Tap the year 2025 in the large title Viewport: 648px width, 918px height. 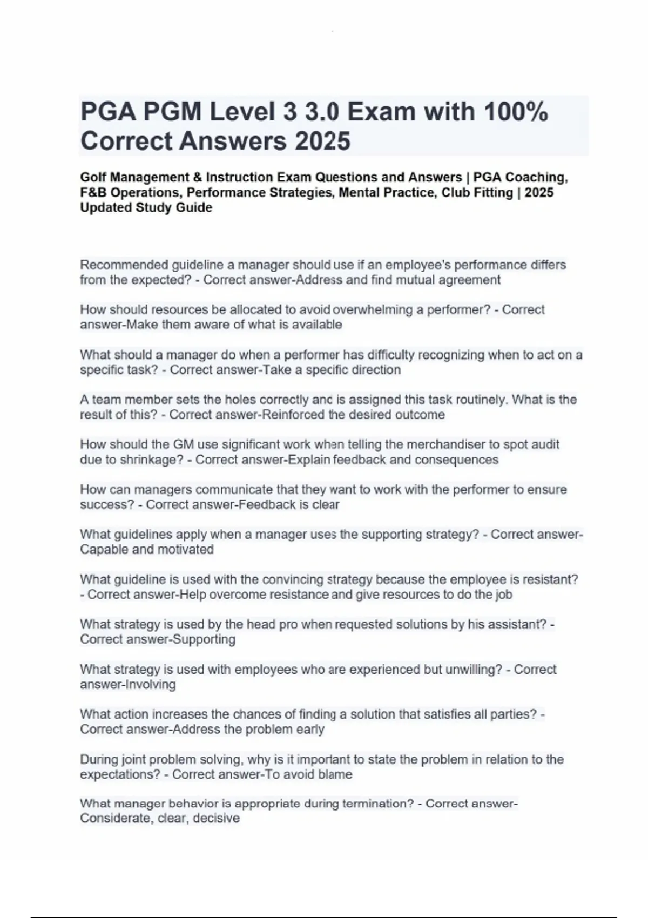pyautogui.click(x=322, y=141)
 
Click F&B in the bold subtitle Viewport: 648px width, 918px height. pyautogui.click(x=93, y=192)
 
